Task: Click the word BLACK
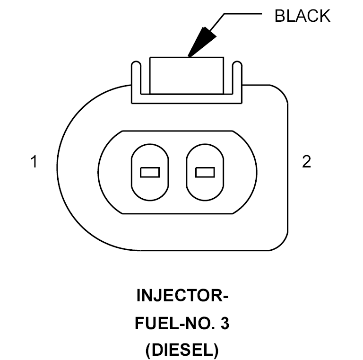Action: tap(302, 16)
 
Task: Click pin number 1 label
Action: tap(34, 161)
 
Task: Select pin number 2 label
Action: tap(306, 161)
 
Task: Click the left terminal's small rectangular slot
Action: tap(150, 172)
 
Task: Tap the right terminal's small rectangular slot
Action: tap(205, 172)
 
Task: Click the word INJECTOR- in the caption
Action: tap(182, 295)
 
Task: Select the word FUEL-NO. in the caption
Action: tap(175, 324)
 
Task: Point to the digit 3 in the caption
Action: tap(225, 324)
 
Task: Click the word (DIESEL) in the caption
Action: tap(182, 350)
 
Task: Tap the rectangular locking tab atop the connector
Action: tap(187, 76)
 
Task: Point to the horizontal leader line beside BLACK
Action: tap(243, 14)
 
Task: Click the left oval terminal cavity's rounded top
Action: tap(150, 144)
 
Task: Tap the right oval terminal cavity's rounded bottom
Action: tap(205, 200)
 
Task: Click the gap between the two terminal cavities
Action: tap(177, 172)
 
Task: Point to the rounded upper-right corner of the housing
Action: tap(283, 90)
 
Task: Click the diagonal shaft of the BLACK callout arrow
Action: tap(217, 22)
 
